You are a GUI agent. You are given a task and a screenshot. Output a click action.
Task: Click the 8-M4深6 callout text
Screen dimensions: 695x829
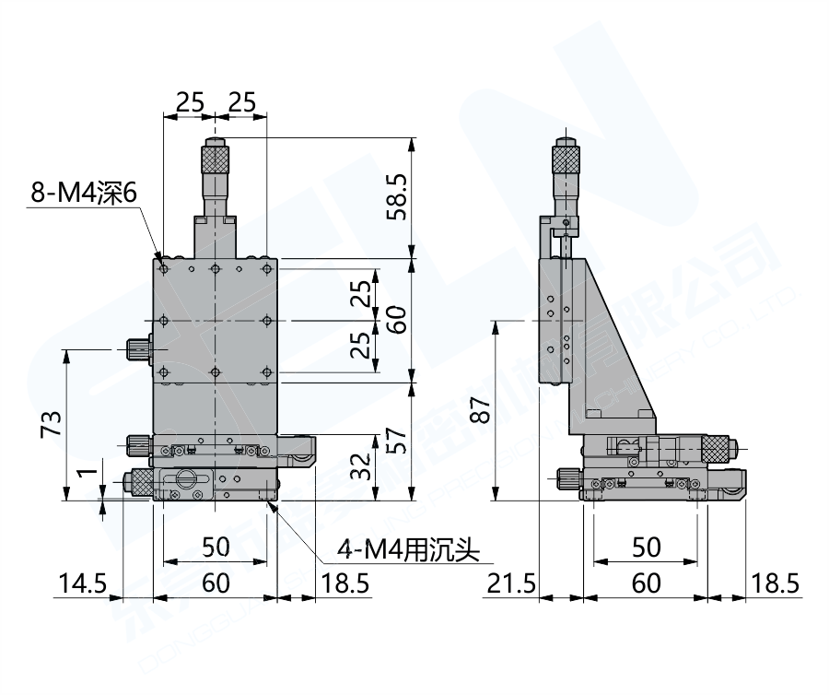click(x=84, y=194)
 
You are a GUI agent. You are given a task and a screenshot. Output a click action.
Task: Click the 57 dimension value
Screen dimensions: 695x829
click(x=394, y=442)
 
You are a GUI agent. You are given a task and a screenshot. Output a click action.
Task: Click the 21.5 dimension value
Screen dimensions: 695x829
click(x=511, y=583)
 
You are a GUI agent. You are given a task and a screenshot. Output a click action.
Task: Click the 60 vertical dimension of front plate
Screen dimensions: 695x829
click(x=394, y=321)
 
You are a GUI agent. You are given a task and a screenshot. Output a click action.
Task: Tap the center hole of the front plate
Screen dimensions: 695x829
click(x=215, y=320)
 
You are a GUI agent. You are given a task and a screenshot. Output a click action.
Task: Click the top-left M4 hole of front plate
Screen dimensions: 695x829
click(x=163, y=269)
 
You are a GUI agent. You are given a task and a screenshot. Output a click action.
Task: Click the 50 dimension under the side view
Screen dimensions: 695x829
click(x=647, y=548)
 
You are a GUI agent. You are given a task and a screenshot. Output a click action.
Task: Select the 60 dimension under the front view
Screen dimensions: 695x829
click(x=216, y=583)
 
